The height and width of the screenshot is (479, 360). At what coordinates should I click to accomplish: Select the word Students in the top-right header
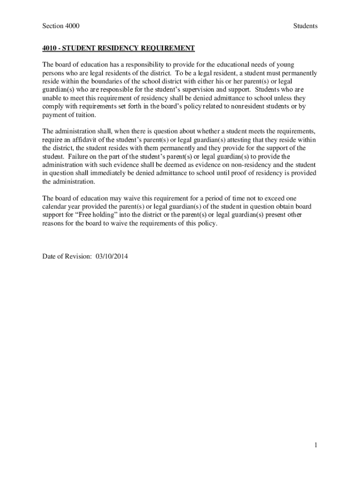305,26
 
